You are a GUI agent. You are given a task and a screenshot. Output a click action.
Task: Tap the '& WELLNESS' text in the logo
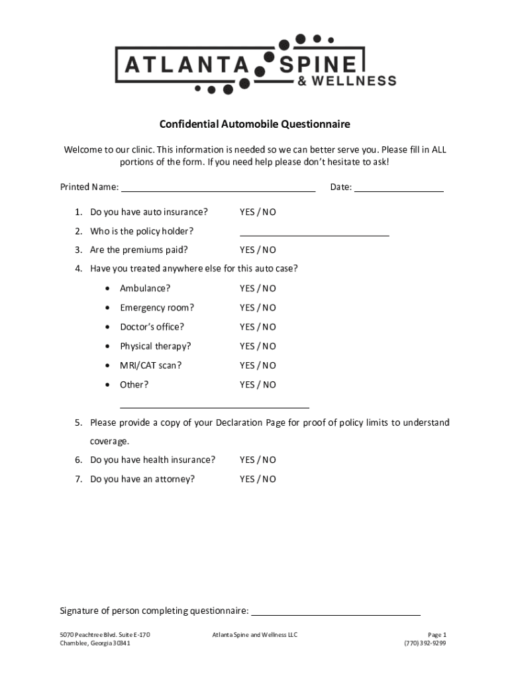click(x=346, y=81)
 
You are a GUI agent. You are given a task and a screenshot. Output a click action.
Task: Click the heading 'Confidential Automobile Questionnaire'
click(x=254, y=124)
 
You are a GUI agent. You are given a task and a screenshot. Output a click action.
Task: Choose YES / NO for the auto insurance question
click(x=258, y=212)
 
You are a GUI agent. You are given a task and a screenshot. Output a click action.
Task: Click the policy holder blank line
click(x=314, y=233)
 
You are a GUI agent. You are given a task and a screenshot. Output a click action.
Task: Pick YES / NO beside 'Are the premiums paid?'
click(x=258, y=250)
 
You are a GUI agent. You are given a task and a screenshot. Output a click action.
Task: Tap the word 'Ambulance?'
click(x=145, y=288)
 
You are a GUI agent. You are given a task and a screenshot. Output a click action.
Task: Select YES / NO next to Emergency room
click(x=258, y=307)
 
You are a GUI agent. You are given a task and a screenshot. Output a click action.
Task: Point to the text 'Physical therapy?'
click(x=155, y=346)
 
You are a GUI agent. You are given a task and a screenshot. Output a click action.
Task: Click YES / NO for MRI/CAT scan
click(x=258, y=365)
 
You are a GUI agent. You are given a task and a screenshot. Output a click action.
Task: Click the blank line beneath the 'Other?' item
click(x=214, y=407)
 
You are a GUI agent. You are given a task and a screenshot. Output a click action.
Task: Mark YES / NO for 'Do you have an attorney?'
click(x=258, y=479)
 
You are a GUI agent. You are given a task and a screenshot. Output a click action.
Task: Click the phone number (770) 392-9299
click(x=425, y=643)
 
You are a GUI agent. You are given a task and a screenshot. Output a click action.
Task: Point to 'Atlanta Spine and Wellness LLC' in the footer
click(x=254, y=635)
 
